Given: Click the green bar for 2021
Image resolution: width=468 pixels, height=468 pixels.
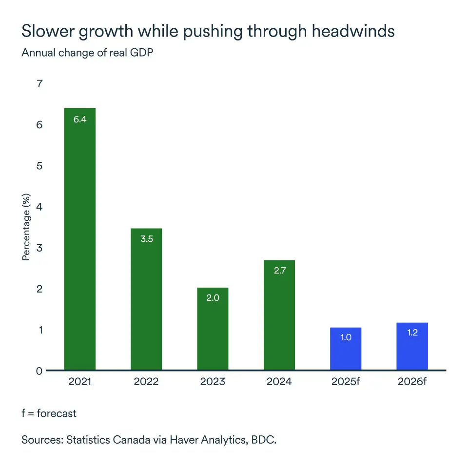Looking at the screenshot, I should click(80, 239).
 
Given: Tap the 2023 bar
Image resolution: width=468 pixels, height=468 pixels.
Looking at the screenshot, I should click(213, 329).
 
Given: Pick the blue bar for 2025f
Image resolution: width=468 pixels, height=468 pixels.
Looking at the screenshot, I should click(346, 349).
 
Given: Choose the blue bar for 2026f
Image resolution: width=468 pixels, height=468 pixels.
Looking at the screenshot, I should click(412, 346).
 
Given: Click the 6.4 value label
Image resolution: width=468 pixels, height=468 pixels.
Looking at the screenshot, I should click(80, 119).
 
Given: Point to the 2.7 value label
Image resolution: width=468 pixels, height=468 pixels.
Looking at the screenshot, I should click(279, 271).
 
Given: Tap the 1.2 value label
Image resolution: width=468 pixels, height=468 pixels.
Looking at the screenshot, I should click(412, 333).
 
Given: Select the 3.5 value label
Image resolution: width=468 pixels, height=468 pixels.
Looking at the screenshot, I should click(146, 239).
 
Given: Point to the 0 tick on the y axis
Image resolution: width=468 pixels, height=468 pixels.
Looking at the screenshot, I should click(39, 371).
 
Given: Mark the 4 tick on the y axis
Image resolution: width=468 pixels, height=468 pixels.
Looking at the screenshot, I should click(39, 207).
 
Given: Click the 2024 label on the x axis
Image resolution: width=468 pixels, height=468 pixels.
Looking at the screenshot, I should click(279, 382).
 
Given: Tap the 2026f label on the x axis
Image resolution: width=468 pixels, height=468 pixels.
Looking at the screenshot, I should click(412, 382).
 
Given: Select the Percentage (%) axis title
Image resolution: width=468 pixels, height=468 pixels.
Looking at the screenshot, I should click(26, 227).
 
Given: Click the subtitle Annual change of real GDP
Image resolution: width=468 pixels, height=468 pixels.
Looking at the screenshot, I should click(87, 53).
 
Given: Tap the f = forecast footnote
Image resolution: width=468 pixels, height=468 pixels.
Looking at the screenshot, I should click(49, 413).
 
